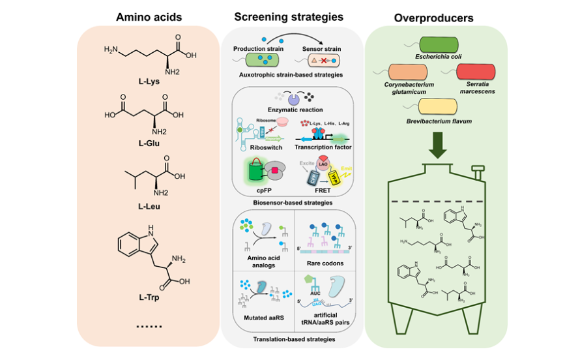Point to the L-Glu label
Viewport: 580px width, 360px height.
149,143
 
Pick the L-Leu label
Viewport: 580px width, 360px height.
149,206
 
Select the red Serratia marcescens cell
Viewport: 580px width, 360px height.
472,71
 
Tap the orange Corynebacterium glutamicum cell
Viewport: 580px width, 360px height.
405,72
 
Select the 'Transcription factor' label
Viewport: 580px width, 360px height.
323,147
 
